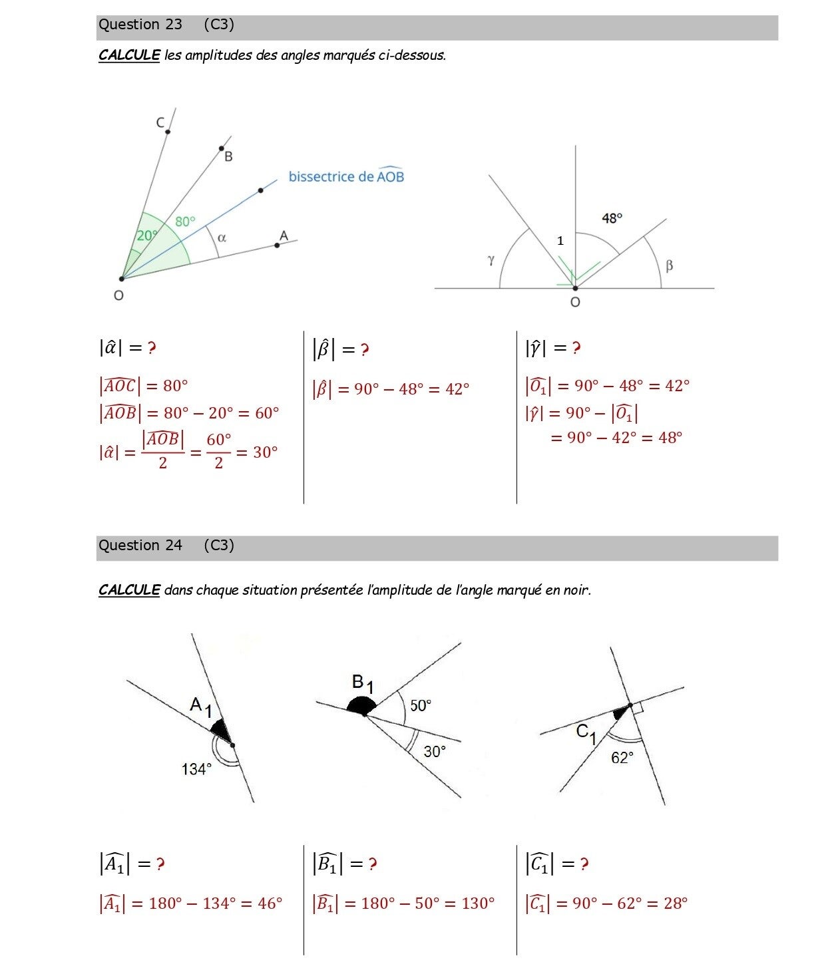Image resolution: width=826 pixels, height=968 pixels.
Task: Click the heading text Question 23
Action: pos(140,25)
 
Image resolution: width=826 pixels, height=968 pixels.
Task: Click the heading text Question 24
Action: pos(140,546)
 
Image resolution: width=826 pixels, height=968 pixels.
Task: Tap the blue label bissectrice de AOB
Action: pos(346,176)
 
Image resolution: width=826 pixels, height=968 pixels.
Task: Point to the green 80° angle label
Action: pos(186,222)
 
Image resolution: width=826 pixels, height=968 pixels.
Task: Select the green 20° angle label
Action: pos(146,236)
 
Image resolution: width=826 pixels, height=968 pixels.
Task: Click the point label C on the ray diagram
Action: pos(160,122)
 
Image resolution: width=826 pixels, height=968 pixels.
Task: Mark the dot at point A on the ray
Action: pos(277,245)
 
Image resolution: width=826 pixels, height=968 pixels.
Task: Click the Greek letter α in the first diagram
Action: pos(222,238)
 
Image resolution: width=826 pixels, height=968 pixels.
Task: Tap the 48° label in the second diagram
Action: pos(612,218)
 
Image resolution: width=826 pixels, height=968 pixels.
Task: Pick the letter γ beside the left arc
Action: pos(491,260)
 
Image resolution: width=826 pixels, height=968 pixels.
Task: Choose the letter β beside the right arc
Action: pos(669,265)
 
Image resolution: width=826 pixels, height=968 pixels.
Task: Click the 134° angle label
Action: pos(196,769)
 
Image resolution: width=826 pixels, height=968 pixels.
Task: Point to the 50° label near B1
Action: pos(421,705)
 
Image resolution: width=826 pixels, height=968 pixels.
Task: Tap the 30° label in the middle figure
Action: pos(434,751)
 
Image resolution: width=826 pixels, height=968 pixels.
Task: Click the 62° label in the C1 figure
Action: pos(622,758)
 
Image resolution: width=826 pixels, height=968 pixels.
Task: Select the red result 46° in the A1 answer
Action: pos(270,903)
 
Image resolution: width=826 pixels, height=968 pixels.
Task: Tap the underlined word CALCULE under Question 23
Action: pos(129,55)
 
